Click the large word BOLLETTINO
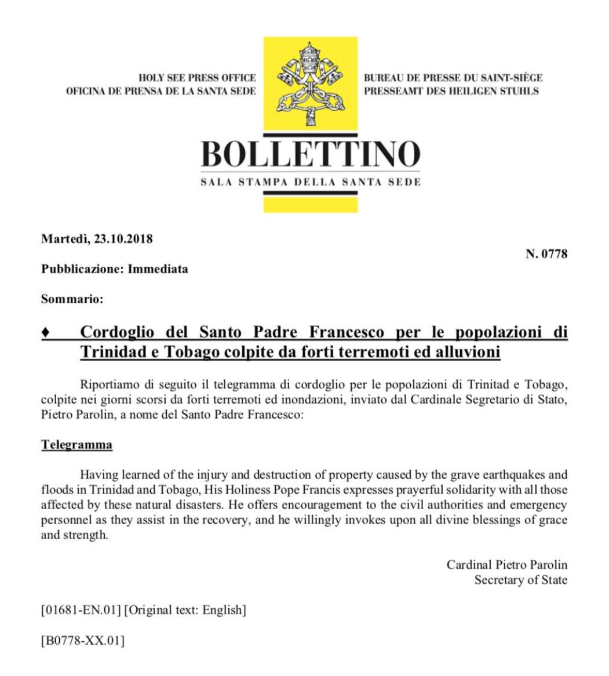click(310, 153)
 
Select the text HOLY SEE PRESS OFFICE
click(198, 78)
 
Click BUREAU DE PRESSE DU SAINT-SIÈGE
click(453, 78)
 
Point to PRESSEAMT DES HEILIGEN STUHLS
click(451, 91)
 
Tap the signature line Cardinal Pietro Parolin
click(507, 565)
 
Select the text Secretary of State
click(521, 580)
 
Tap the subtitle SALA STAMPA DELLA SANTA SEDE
click(310, 181)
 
